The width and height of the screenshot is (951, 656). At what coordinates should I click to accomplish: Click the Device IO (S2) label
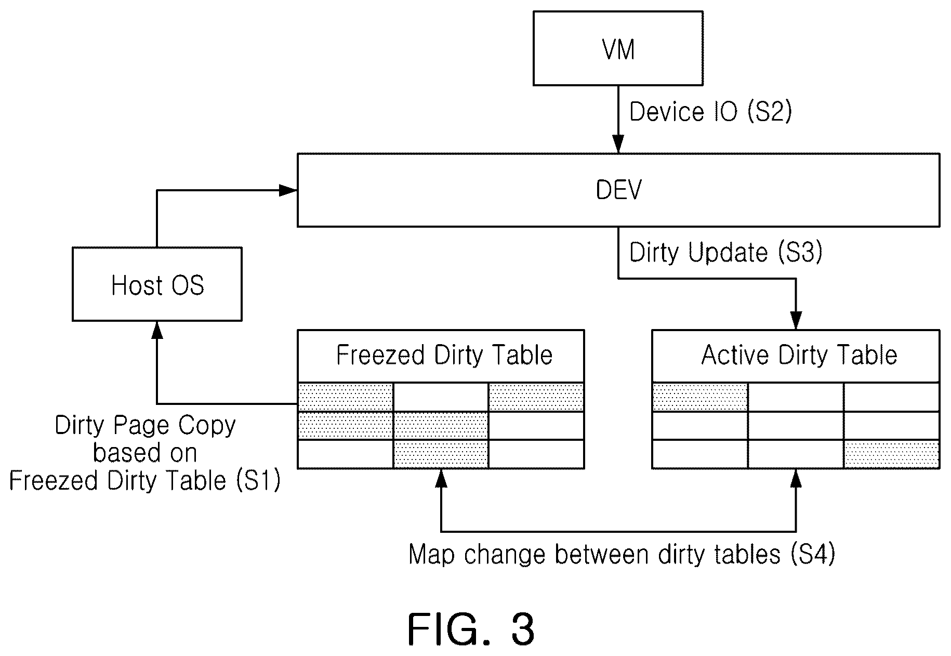click(x=710, y=112)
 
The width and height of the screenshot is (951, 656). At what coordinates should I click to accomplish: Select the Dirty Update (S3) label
click(x=726, y=253)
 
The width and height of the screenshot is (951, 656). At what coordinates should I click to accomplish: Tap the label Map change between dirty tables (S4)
click(x=622, y=554)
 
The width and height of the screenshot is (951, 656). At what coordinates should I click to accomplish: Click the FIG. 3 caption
click(x=471, y=629)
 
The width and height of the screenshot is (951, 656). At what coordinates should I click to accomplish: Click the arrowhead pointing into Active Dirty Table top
click(x=796, y=320)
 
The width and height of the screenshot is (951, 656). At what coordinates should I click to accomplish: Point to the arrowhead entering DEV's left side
click(x=288, y=190)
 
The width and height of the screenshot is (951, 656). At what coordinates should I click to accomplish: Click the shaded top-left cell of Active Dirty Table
click(x=700, y=397)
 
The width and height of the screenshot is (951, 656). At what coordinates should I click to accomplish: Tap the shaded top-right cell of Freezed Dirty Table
click(x=536, y=397)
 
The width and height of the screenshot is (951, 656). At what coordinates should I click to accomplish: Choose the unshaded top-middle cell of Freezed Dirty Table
click(x=441, y=397)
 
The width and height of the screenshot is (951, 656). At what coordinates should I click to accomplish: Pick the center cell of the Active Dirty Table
click(x=796, y=426)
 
